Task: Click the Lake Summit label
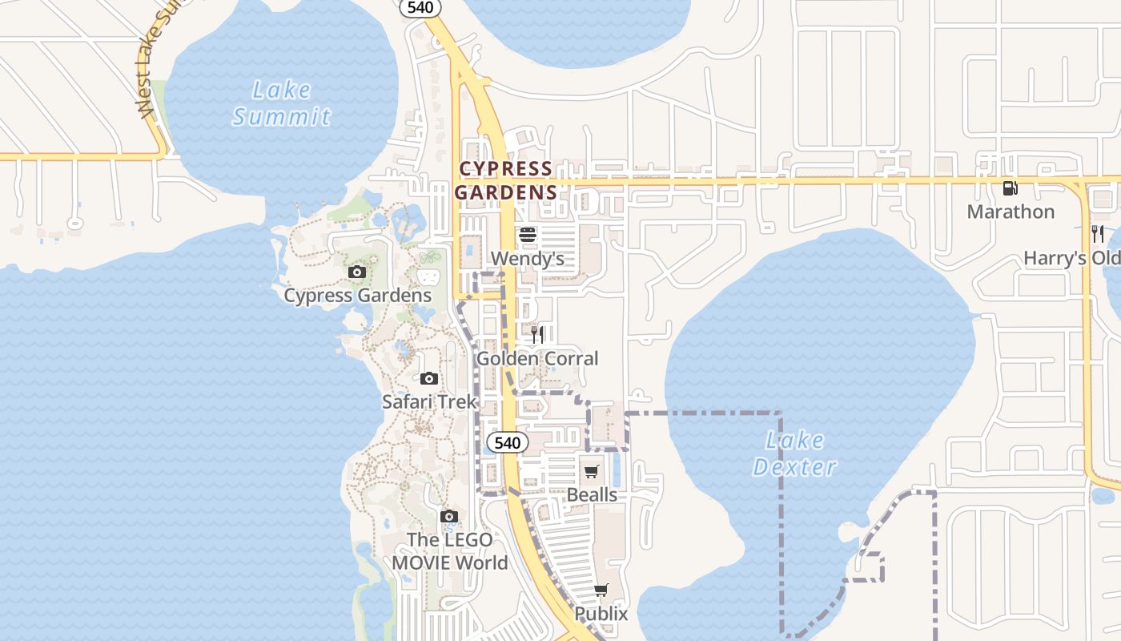[281, 103]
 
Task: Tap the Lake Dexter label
[795, 454]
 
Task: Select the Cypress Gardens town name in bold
[505, 180]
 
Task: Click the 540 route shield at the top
[420, 7]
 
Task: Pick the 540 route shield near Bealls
[507, 442]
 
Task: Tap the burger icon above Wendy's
[527, 235]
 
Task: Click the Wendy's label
[528, 258]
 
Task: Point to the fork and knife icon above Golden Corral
[537, 334]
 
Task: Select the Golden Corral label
[537, 358]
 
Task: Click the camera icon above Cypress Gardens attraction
[357, 272]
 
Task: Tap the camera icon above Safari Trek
[429, 378]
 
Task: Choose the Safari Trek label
[429, 401]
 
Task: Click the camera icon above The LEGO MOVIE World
[449, 516]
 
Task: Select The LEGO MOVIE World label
[449, 551]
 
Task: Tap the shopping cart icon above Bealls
[592, 471]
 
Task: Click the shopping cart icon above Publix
[601, 591]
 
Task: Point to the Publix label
[601, 614]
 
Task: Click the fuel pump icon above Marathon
[1011, 188]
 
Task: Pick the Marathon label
[1011, 212]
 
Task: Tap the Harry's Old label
[1071, 258]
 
